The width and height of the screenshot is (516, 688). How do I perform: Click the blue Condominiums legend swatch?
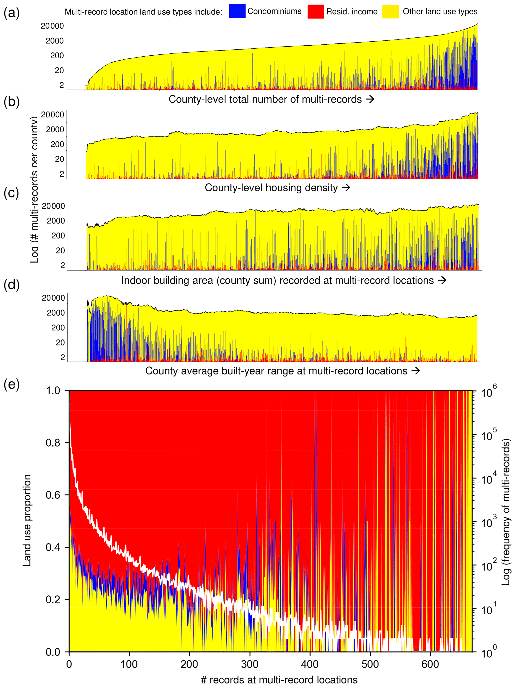coord(237,11)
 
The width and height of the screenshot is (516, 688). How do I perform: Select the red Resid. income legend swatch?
coord(315,11)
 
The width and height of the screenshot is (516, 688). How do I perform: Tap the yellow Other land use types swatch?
coord(390,11)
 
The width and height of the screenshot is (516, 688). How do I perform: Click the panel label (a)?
coord(11,13)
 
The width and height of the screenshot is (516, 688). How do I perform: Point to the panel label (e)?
coord(11,385)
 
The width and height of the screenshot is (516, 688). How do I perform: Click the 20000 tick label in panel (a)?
coord(52,26)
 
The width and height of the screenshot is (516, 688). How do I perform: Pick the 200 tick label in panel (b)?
coord(57,144)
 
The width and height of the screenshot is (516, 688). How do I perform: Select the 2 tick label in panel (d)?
coord(63,357)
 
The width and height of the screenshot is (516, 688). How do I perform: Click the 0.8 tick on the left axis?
coord(53,443)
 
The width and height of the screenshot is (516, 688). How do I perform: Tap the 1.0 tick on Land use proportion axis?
coord(53,390)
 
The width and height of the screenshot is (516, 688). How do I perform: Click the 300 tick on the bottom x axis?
coord(250,664)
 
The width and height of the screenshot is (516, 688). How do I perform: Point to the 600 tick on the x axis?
coord(430,664)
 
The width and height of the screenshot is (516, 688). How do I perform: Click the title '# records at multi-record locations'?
coord(279,680)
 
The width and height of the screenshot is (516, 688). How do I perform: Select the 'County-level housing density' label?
coord(271,188)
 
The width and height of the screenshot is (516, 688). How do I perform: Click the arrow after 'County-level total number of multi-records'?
coord(370,99)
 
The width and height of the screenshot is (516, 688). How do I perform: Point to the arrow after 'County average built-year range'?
coord(415,371)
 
